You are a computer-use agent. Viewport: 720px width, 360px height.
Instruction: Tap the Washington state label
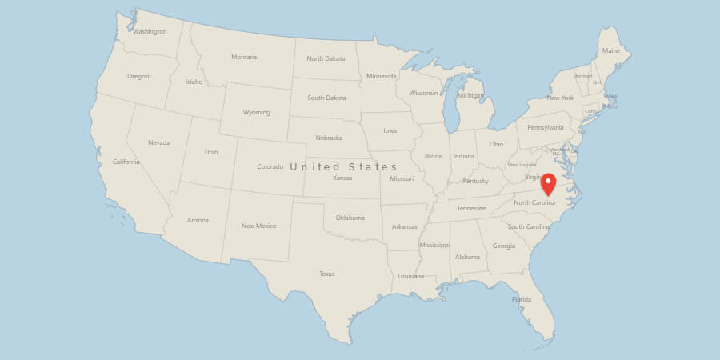150,32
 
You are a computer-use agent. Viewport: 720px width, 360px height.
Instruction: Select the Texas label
326,274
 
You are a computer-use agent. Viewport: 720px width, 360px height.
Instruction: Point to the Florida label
522,299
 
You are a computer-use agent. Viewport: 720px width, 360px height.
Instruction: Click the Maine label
611,50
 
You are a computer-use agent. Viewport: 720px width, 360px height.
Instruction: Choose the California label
126,162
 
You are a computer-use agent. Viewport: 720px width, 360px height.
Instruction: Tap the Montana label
244,57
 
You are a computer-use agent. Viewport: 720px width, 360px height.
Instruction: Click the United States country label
343,166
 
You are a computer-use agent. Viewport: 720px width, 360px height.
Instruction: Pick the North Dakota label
326,58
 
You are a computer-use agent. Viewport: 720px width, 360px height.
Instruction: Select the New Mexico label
259,226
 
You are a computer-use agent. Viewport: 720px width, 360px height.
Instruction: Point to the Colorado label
270,166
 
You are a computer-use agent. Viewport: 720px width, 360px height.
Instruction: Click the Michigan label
470,96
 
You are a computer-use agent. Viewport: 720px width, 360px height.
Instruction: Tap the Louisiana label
410,276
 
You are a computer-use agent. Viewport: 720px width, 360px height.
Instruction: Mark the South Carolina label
528,226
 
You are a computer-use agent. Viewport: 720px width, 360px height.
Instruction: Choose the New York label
560,98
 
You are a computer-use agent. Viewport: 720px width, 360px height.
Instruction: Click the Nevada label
159,142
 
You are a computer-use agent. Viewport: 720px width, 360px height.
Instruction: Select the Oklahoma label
350,218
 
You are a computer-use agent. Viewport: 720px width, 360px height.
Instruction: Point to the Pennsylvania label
545,127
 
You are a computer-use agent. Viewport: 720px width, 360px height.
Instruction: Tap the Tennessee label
470,208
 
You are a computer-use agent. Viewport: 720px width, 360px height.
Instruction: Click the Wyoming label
257,112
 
